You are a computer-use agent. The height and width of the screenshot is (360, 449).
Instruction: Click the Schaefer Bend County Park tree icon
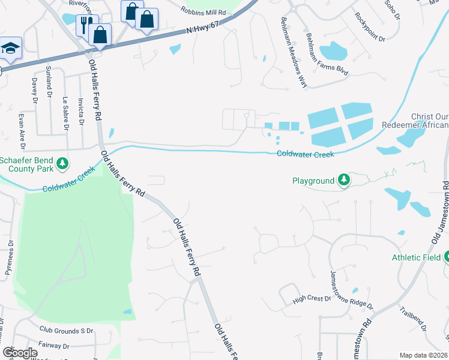click(x=62, y=164)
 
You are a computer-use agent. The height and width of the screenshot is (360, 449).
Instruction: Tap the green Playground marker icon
click(x=343, y=180)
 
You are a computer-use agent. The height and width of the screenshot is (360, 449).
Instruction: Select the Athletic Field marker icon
click(x=446, y=257)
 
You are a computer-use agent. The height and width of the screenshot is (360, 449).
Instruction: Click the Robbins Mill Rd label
click(x=204, y=11)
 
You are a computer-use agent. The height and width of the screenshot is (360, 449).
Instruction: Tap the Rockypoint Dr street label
click(x=369, y=28)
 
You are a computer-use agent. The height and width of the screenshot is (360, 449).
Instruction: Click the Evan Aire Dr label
click(x=22, y=131)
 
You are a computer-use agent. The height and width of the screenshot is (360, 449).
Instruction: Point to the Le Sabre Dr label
click(x=65, y=114)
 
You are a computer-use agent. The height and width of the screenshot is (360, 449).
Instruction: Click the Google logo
click(x=20, y=352)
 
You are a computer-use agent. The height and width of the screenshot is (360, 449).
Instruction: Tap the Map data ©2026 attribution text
click(x=423, y=355)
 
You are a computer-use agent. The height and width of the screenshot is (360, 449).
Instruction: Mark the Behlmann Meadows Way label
click(x=294, y=53)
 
